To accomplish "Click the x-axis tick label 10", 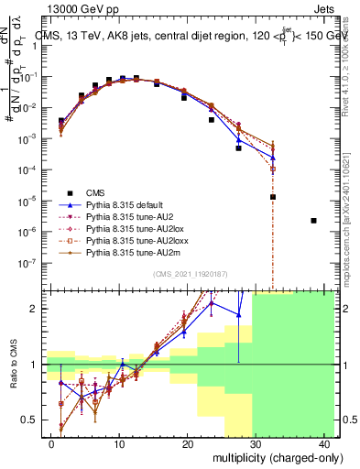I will click(119, 443).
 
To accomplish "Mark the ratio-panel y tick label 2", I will click(37, 309).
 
